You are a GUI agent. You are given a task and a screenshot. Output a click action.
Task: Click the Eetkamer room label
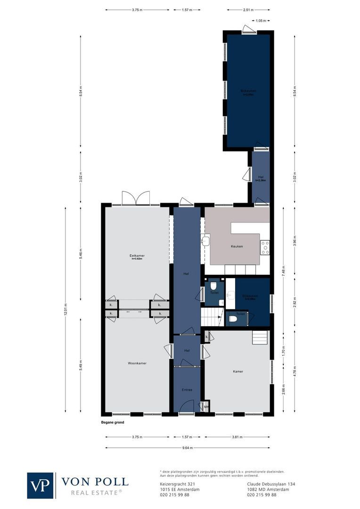137,256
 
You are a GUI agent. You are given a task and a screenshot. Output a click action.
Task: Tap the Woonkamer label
137,363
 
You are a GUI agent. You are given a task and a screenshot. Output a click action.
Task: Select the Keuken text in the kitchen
237,246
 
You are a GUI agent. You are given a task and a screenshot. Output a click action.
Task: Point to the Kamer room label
238,371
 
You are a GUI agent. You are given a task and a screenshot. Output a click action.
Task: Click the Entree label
187,390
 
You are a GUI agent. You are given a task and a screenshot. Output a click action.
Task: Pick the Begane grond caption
113,423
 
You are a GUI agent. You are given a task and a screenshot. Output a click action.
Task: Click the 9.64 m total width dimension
188,448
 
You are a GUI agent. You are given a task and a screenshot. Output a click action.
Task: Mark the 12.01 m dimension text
65,311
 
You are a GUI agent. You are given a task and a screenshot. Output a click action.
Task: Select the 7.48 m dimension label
283,271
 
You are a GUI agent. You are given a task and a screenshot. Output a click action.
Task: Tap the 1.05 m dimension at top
261,21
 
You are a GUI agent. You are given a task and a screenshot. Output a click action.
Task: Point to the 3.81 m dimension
237,437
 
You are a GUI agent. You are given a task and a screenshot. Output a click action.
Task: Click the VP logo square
40,485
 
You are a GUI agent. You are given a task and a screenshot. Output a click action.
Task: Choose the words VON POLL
95,481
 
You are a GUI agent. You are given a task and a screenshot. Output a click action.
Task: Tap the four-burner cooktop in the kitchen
265,247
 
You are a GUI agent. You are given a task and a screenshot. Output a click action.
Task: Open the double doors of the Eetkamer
136,198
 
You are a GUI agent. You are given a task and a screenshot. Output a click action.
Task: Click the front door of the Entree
188,407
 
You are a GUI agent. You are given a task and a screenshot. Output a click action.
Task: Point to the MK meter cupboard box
205,407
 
